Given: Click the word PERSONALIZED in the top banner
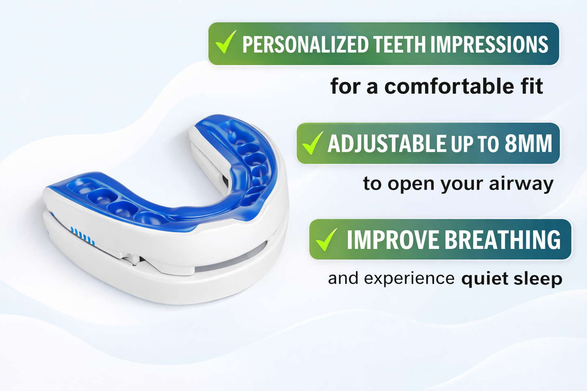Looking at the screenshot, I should coord(305,45).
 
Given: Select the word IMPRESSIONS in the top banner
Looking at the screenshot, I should coord(489,45).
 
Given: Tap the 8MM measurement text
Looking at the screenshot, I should coord(529,144).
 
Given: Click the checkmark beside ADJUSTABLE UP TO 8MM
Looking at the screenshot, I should coord(312,143).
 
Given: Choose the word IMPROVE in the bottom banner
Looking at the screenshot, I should coord(393,240).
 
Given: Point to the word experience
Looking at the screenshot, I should coord(409,279).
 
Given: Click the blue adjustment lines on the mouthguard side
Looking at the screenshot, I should coord(83,236).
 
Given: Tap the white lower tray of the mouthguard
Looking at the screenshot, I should coord(162,284).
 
